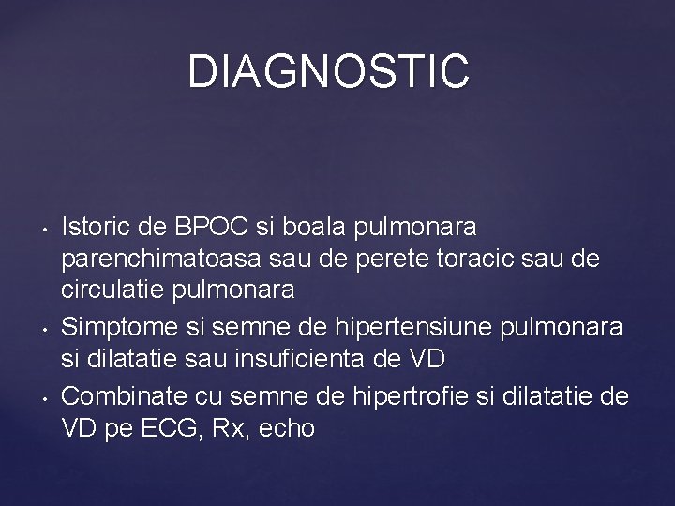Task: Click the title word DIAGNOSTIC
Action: point(327,72)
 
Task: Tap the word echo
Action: point(287,429)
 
